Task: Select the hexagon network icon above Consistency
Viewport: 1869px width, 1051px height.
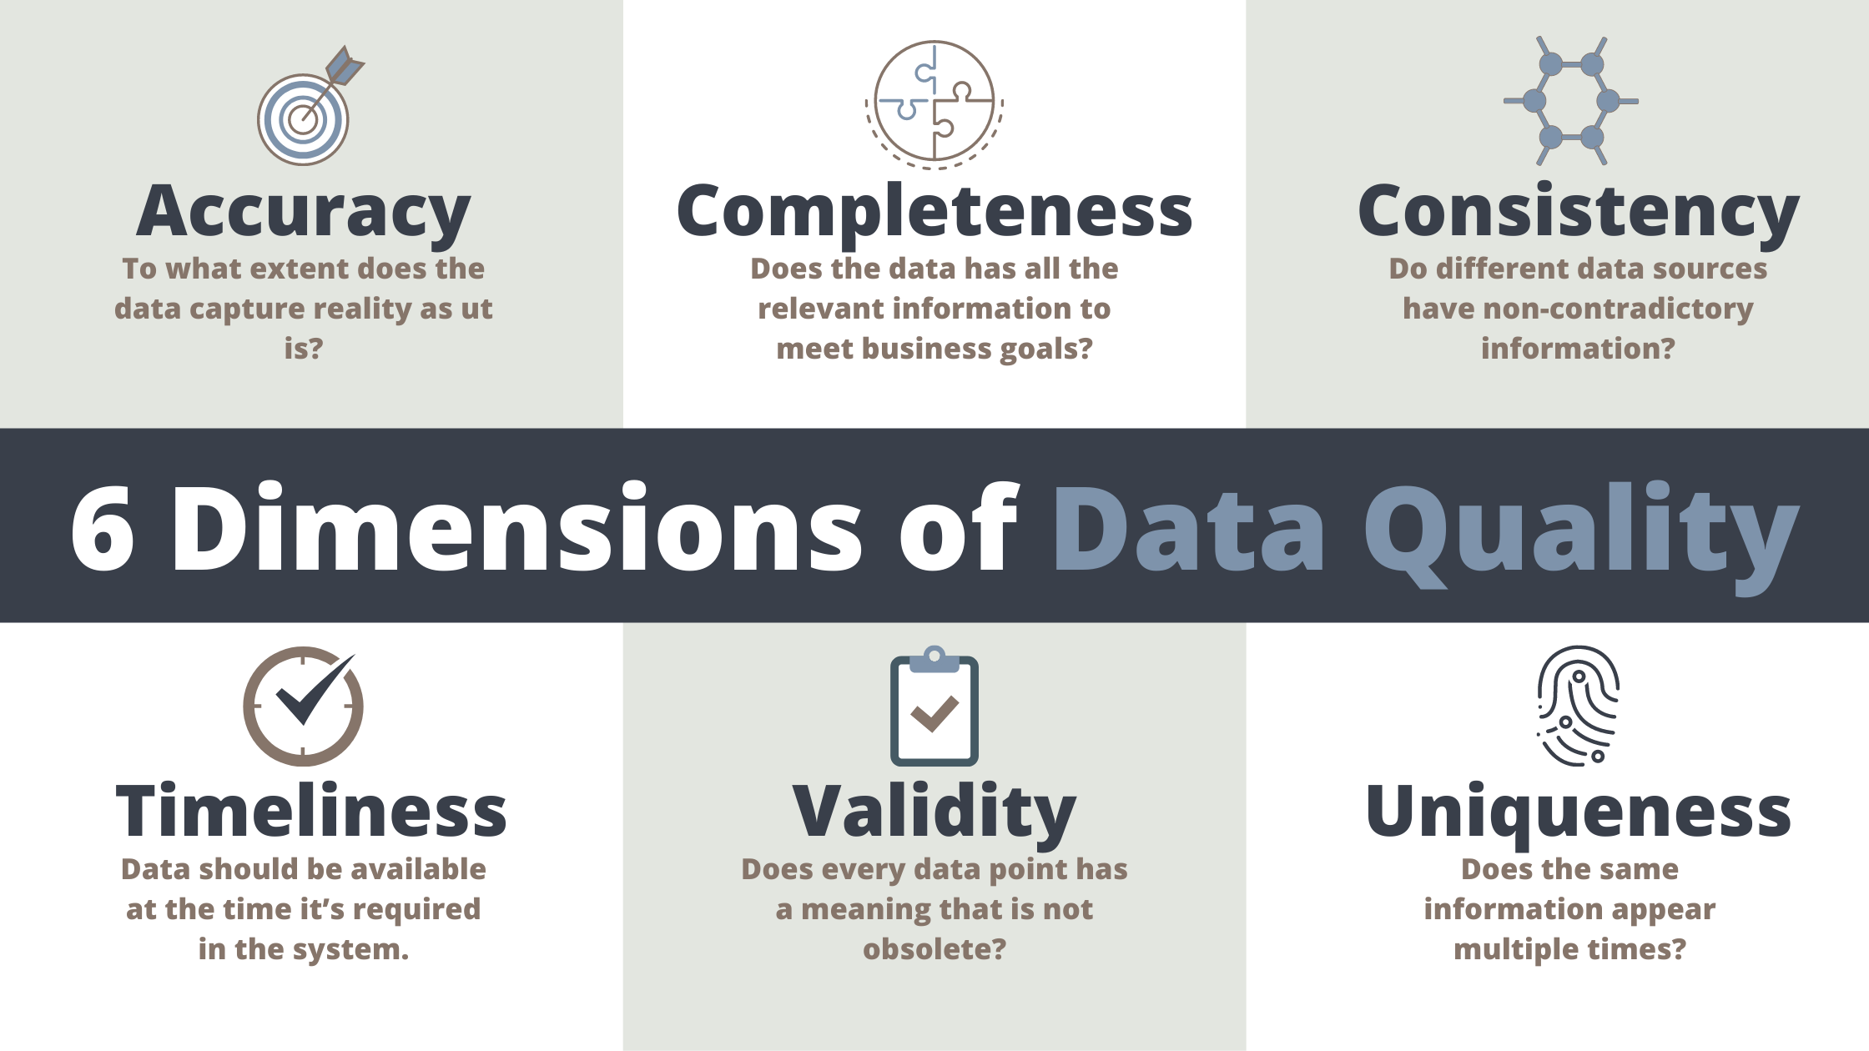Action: pos(1571,101)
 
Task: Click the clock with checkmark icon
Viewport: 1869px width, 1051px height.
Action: pos(304,706)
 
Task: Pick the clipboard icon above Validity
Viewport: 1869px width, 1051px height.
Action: pos(934,706)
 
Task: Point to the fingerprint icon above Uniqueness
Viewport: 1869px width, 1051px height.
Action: pos(1578,706)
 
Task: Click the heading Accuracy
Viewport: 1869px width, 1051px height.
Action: pos(304,212)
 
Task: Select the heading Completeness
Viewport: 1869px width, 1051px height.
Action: pos(934,212)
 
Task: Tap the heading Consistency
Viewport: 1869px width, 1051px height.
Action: pos(1579,212)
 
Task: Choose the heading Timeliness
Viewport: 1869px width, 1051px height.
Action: pos(311,811)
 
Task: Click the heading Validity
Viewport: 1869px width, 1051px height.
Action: pos(934,814)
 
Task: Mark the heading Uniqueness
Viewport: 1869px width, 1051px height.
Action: pos(1579,814)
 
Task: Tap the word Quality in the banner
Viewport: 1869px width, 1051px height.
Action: pos(1581,536)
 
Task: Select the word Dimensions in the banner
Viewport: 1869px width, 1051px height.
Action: pos(516,527)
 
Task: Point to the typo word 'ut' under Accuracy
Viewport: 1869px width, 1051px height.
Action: pos(476,309)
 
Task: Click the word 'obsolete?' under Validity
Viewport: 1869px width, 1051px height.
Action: pos(934,949)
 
